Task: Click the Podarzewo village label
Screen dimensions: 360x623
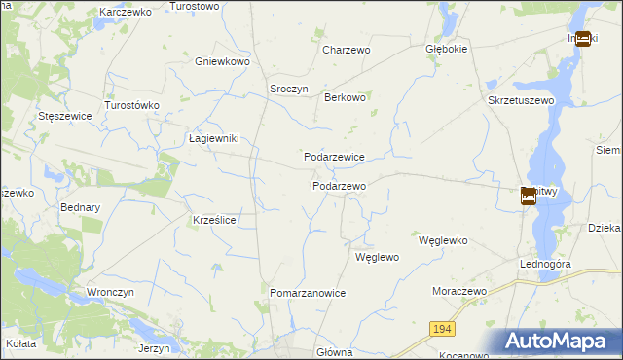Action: (x=339, y=186)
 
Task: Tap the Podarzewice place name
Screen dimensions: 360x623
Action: (x=334, y=157)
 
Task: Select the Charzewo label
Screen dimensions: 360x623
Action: (x=348, y=49)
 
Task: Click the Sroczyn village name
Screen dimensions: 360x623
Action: (x=288, y=89)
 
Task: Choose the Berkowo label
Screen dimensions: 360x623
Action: (x=345, y=97)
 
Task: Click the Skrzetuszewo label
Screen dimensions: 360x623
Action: (x=521, y=100)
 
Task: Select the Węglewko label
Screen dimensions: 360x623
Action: (x=443, y=240)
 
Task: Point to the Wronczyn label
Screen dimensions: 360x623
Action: (x=110, y=292)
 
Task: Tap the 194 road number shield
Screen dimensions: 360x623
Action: (x=442, y=330)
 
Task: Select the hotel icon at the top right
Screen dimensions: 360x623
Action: (x=582, y=39)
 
